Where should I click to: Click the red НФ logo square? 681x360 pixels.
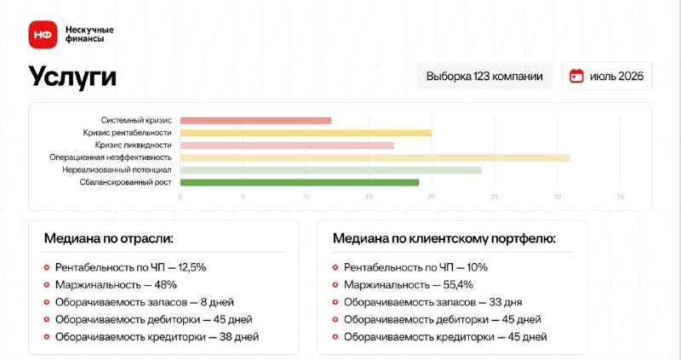click(43, 35)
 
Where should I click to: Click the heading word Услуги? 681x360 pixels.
click(72, 77)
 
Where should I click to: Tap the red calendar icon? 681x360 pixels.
click(576, 76)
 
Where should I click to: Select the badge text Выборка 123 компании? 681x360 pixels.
click(484, 77)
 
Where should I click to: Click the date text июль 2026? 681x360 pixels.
click(616, 77)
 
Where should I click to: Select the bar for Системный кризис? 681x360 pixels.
click(256, 121)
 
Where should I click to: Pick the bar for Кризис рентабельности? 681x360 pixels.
click(306, 133)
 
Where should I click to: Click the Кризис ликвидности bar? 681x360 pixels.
click(287, 146)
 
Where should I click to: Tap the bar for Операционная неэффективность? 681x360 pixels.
click(375, 157)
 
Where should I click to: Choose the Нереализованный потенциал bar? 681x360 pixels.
click(331, 170)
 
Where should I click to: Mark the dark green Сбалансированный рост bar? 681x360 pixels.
click(300, 182)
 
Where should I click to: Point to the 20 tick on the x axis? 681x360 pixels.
click(432, 197)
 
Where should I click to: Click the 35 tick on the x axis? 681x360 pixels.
click(620, 197)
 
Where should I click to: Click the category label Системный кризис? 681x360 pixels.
click(136, 120)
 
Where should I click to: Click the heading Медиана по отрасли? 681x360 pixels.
click(109, 238)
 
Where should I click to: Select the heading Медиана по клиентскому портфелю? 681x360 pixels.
click(444, 238)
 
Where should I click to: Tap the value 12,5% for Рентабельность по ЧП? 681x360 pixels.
click(192, 267)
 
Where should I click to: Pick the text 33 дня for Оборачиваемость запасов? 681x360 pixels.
click(506, 302)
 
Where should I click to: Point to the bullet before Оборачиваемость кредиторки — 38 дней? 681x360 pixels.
click(47, 337)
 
